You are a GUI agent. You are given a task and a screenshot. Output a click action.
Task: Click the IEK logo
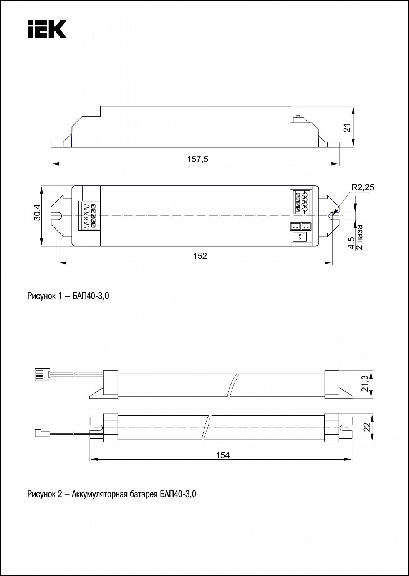pyautogui.click(x=47, y=29)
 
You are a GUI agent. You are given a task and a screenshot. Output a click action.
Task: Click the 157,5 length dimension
pyautogui.click(x=197, y=159)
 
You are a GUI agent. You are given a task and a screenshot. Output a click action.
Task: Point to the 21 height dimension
pyautogui.click(x=348, y=128)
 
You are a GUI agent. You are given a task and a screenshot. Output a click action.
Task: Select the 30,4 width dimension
pyautogui.click(x=37, y=212)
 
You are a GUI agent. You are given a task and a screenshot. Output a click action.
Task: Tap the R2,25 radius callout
pyautogui.click(x=363, y=187)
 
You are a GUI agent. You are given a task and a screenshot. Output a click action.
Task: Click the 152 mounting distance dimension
pyautogui.click(x=200, y=256)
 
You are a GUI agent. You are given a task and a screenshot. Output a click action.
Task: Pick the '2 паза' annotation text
pyautogui.click(x=359, y=237)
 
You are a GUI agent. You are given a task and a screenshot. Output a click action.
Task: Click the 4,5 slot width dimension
pyautogui.click(x=352, y=243)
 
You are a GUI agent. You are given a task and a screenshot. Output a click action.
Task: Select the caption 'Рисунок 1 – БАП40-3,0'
pyautogui.click(x=68, y=296)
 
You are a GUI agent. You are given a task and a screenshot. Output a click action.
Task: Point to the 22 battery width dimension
pyautogui.click(x=367, y=427)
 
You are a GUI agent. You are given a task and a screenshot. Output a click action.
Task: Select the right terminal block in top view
pyautogui.click(x=300, y=202)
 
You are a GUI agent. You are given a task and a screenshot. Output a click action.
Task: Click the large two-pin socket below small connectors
pyautogui.click(x=300, y=237)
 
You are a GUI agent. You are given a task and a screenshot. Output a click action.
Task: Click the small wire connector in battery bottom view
pyautogui.click(x=43, y=433)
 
